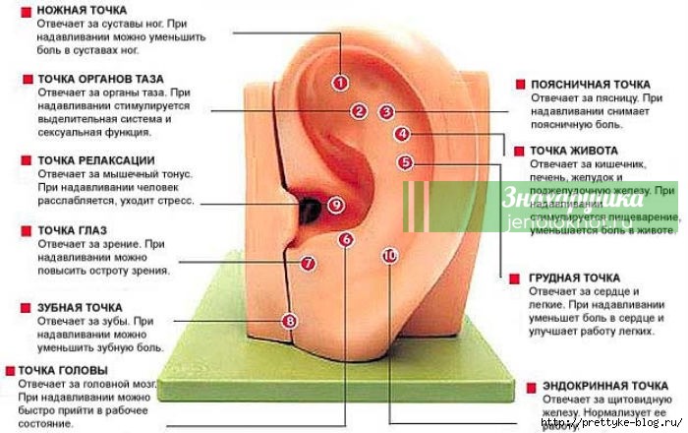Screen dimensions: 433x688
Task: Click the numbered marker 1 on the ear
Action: point(340,83)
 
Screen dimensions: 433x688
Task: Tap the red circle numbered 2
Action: point(360,112)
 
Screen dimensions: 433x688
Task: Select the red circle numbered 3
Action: point(386,112)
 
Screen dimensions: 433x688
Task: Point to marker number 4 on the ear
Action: point(402,134)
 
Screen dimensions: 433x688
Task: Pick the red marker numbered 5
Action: point(406,162)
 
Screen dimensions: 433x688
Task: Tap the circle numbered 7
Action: point(307,263)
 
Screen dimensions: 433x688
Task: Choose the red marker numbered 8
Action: point(288,321)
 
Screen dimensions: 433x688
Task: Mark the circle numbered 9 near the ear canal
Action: point(335,205)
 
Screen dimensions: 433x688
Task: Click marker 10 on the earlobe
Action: point(389,255)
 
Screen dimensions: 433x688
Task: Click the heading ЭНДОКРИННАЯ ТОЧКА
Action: point(599,385)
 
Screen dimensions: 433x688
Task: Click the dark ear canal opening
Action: point(311,207)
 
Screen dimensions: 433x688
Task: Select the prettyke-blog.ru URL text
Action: point(625,423)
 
